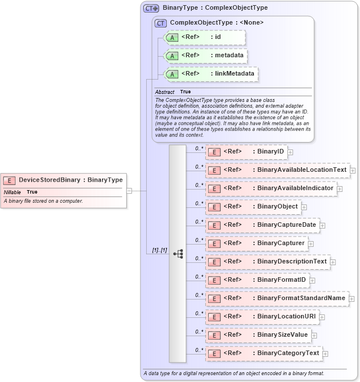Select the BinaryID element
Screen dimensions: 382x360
(x=246, y=152)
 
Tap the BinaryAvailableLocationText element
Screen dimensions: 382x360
(x=277, y=170)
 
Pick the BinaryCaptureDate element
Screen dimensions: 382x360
(x=262, y=225)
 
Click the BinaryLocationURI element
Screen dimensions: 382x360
(x=262, y=317)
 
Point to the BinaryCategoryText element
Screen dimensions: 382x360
(x=264, y=353)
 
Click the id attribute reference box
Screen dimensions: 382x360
(x=204, y=37)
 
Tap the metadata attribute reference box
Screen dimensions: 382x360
(x=205, y=56)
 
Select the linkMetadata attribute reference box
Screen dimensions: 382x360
(x=210, y=74)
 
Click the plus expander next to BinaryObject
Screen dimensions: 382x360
(x=304, y=207)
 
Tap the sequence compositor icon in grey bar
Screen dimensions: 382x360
(x=178, y=253)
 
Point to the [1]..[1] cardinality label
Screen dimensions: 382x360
(x=159, y=250)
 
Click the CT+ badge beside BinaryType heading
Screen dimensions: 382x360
(x=151, y=9)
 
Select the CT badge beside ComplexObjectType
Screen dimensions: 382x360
(x=161, y=23)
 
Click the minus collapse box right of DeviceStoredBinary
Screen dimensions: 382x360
(x=129, y=191)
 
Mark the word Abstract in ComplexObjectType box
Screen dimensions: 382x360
(x=165, y=92)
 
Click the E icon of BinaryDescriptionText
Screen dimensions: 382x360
(x=213, y=262)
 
